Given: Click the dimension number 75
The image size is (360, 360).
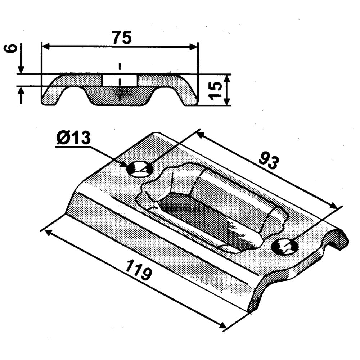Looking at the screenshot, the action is (x=122, y=37).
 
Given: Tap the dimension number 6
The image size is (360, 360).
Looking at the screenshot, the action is (x=11, y=49).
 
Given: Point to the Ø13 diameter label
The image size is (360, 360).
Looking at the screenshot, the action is (x=73, y=138).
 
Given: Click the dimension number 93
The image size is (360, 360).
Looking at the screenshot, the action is (x=269, y=161).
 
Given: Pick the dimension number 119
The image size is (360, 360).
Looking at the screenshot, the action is (x=139, y=269).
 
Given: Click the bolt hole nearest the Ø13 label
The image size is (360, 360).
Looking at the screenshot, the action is (x=140, y=169).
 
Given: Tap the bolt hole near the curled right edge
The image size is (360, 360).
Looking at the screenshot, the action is (x=285, y=247).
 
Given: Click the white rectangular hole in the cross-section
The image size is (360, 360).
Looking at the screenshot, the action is (x=120, y=80).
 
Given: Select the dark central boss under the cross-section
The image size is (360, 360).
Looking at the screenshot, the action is (x=120, y=96).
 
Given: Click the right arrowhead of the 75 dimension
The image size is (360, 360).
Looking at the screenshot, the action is (x=193, y=47).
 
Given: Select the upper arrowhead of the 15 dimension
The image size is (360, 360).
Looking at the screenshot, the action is (x=226, y=79).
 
